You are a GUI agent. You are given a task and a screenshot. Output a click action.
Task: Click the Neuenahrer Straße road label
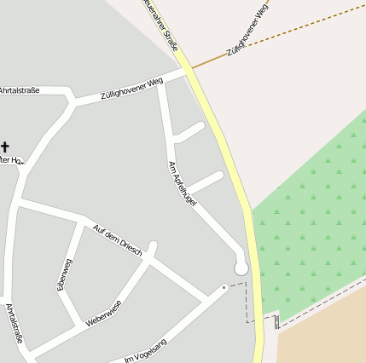click(162, 24)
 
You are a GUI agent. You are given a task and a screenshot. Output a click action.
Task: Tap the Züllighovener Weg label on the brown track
click(249, 30)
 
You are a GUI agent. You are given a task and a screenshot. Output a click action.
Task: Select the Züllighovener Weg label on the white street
click(131, 88)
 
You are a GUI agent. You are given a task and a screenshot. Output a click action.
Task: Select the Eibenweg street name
click(65, 274)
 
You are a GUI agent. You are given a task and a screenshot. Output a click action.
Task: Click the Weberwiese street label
click(103, 314)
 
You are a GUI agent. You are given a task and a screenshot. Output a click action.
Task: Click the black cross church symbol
click(6, 147)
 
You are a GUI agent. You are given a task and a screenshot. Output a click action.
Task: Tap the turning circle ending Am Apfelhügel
click(241, 268)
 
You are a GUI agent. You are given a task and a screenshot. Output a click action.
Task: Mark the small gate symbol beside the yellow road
click(276, 322)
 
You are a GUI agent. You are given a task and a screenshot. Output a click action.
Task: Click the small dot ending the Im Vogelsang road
click(224, 287)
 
